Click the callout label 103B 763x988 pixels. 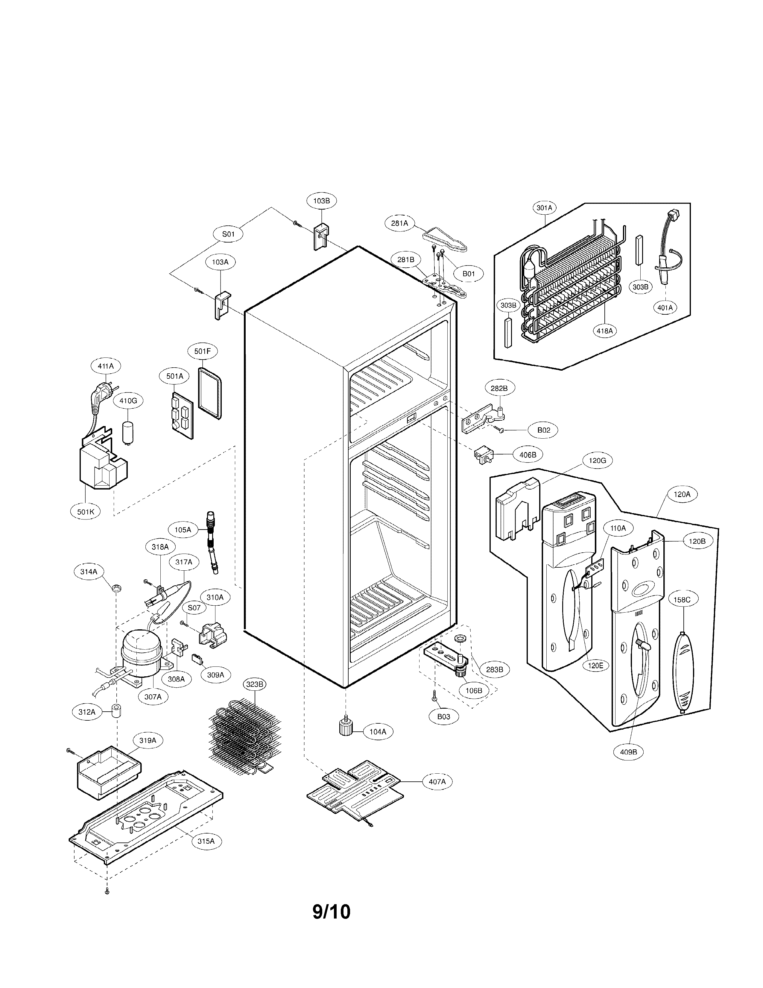coord(321,200)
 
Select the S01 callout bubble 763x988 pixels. coord(228,234)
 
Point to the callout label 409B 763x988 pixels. coord(628,752)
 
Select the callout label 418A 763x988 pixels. coord(604,331)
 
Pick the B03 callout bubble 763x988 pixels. coord(443,716)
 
